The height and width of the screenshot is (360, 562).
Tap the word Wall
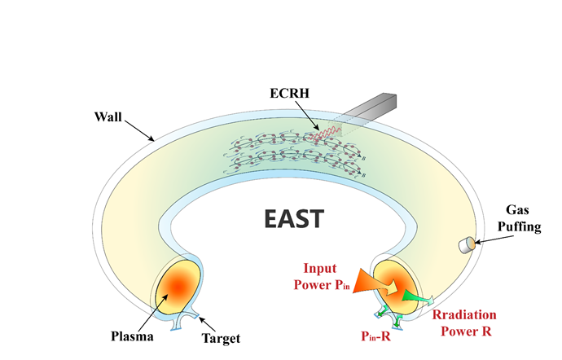tap(108, 117)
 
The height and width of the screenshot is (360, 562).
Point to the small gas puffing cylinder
tap(468, 244)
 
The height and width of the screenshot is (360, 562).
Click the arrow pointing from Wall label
tap(139, 130)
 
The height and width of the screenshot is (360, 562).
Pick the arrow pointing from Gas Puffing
tap(490, 236)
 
